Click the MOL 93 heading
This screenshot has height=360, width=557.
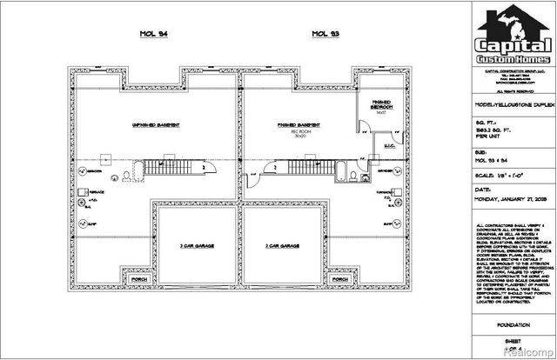pos(325,34)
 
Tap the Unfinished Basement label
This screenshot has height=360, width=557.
pos(157,125)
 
